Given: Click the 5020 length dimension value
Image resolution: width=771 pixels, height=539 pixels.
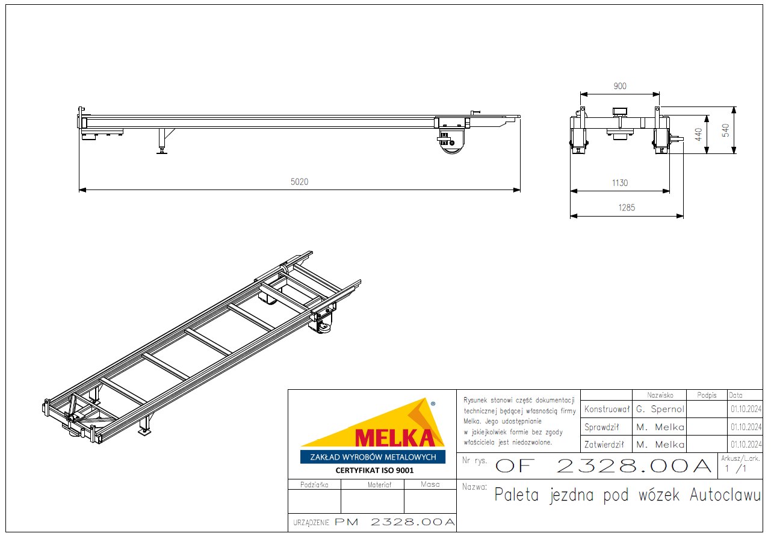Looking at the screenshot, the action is click(300, 182).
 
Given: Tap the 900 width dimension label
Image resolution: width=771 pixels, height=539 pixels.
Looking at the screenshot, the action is click(620, 86).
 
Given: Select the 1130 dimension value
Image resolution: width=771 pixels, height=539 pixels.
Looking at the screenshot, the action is click(620, 183).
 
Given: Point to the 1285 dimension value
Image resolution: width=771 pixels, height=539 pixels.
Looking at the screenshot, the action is click(627, 208).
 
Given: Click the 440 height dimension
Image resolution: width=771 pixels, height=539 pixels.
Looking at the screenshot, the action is click(698, 134).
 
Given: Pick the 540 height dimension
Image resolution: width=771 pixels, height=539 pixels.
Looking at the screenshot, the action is click(725, 131).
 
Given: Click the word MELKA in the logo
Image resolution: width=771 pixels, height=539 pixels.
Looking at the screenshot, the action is click(395, 438).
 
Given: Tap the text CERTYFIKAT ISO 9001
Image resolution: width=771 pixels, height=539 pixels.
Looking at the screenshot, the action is click(374, 470).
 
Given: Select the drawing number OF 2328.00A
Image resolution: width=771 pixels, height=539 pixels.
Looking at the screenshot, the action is click(603, 466).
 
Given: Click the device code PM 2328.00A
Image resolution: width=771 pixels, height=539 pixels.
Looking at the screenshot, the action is click(395, 522).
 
